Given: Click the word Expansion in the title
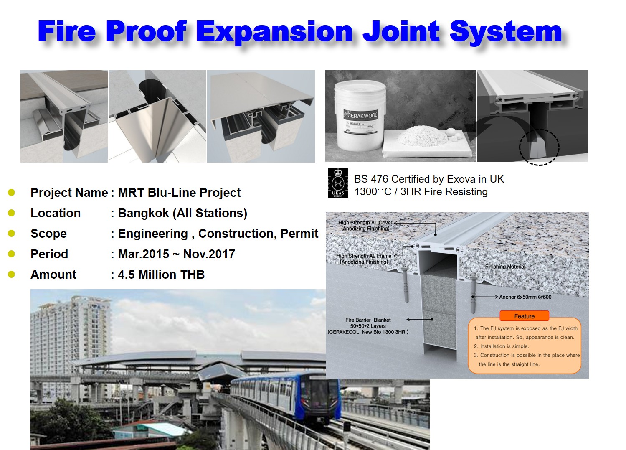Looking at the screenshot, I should coord(274,32).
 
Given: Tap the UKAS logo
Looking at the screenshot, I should coord(337,183).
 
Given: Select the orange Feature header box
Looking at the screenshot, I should coord(524,316).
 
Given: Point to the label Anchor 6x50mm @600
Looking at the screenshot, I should coord(525,297).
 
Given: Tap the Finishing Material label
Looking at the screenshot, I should coord(505,267).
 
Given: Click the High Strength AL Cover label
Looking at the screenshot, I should coord(365,226).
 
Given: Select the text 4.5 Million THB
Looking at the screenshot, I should coord(161,275).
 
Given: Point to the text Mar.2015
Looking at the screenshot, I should coord(144,254).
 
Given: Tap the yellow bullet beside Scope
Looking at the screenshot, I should coord(12,233).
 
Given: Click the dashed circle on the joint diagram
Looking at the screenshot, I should coord(539,147).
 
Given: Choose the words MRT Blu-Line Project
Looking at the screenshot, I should coord(179,193).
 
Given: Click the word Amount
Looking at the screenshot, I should coord(53,275).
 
